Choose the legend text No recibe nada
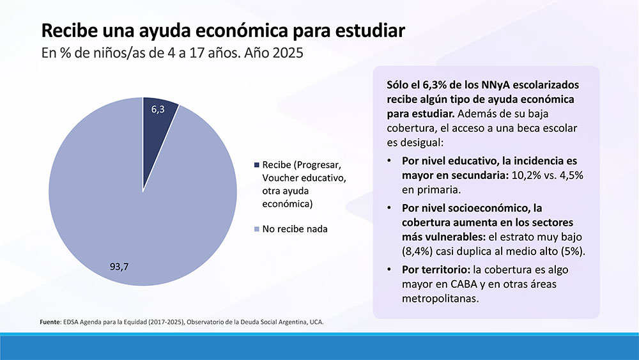295,229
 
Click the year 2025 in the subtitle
286,54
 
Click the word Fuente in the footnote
49,322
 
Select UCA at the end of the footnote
316,322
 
